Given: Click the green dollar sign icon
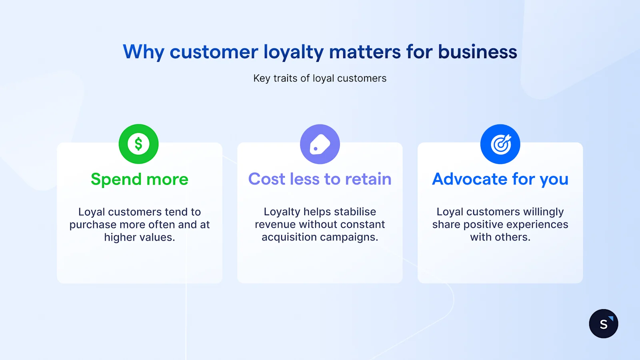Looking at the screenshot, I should [138, 144].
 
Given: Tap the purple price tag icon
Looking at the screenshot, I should [320, 144].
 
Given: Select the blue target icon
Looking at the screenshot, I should [500, 144].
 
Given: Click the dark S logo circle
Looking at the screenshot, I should [603, 324].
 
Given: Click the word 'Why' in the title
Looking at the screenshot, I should [144, 52].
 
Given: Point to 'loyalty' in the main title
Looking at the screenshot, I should [293, 52].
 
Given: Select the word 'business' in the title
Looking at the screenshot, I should [477, 52].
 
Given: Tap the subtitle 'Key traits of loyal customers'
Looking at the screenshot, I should [320, 78].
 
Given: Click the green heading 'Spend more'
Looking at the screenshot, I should [139, 179].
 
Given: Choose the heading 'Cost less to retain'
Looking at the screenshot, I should [320, 179].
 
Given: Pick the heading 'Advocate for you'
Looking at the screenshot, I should [500, 179].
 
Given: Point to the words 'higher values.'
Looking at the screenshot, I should [139, 237].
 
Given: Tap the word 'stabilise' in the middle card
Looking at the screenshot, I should [355, 212].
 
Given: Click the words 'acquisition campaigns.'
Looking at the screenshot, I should [320, 237].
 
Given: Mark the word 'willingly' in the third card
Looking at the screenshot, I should [543, 212].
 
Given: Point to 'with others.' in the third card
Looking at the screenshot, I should [500, 237].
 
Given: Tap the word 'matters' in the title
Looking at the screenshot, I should [365, 52].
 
